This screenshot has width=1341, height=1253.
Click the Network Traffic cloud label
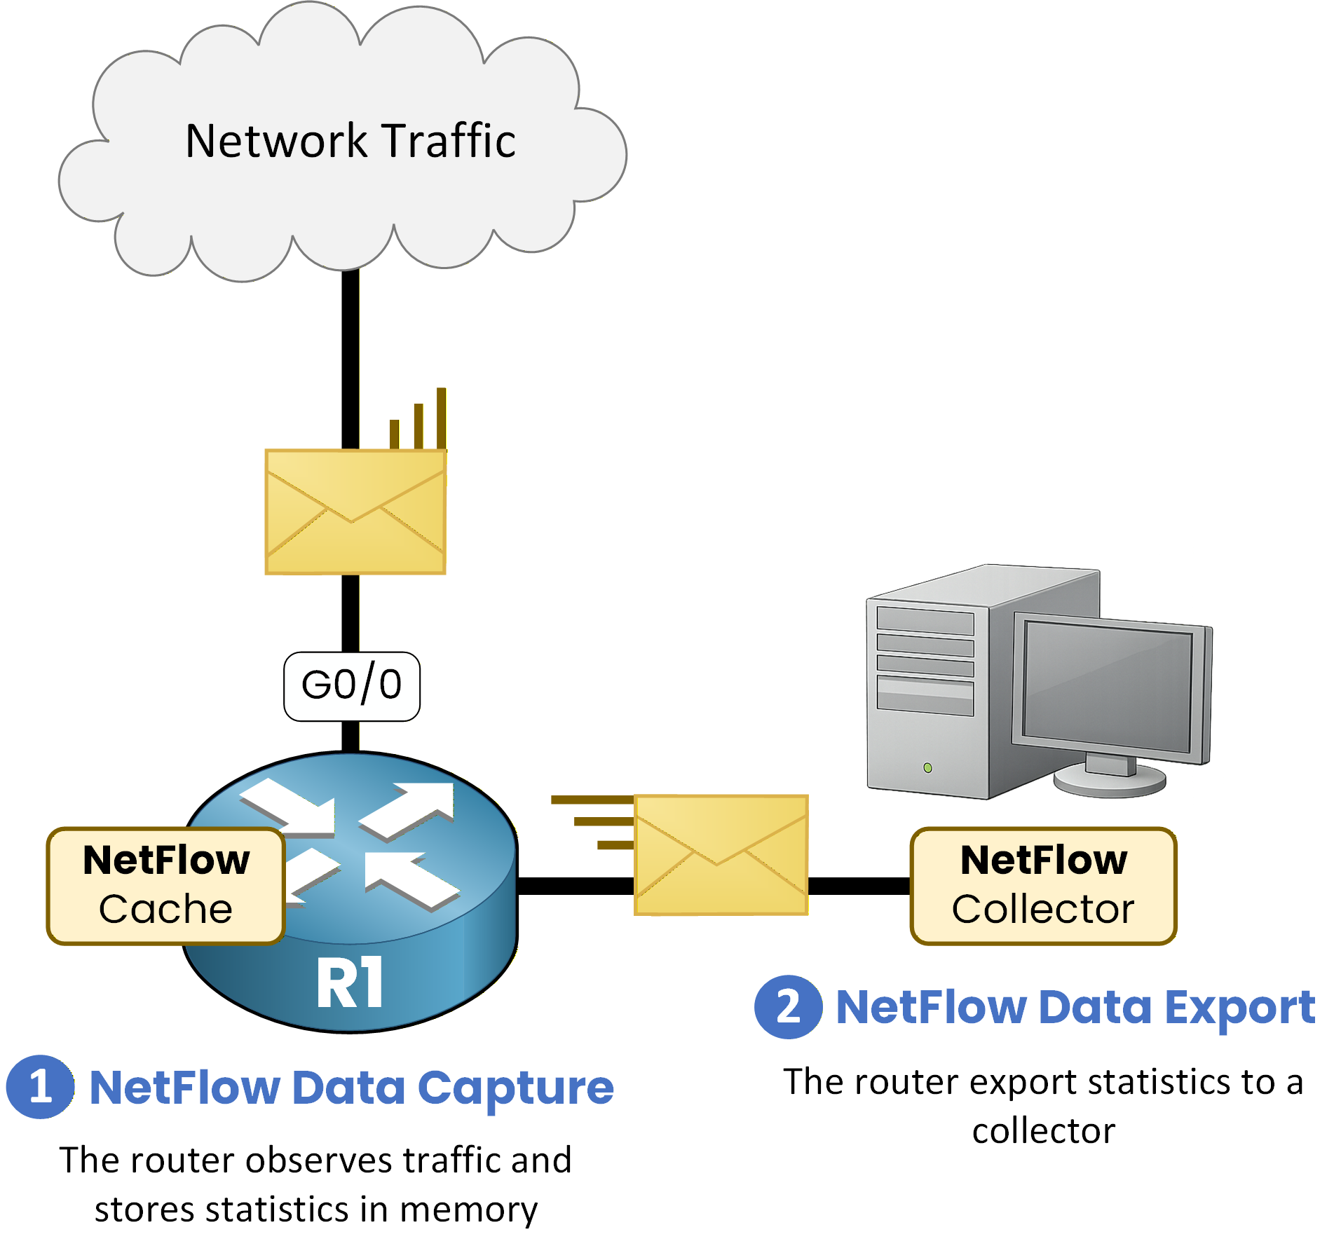click(350, 140)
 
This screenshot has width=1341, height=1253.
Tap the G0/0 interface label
click(351, 686)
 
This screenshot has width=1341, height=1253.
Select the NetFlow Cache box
click(165, 885)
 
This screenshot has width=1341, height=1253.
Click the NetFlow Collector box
click(1042, 885)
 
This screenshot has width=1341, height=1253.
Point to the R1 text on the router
click(349, 983)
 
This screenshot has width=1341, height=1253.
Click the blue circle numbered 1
click(40, 1086)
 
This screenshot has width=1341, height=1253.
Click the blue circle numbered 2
click(788, 1006)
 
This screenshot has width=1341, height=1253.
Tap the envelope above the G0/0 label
click(355, 512)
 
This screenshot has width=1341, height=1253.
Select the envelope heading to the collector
click(721, 854)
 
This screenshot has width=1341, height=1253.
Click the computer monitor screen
click(1108, 687)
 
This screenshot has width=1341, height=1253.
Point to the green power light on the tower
click(927, 768)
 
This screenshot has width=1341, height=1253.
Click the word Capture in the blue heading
click(515, 1088)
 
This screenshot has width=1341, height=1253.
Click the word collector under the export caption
click(1043, 1131)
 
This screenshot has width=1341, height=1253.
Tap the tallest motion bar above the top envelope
click(441, 418)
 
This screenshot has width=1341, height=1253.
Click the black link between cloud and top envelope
click(350, 357)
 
